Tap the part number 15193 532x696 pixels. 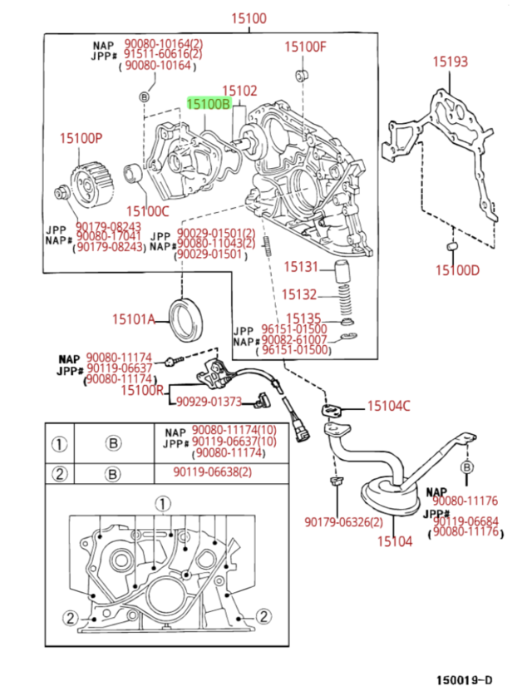[449, 62]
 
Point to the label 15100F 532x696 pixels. [306, 47]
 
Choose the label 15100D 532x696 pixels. [458, 269]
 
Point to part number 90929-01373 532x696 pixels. [209, 402]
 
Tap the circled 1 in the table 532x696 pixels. [59, 443]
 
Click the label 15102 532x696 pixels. [239, 90]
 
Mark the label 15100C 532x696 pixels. [147, 211]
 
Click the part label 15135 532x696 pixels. [303, 318]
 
